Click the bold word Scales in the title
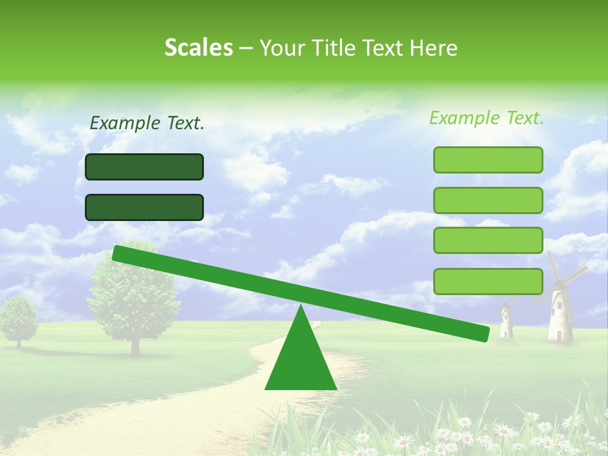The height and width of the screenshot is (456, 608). [x=198, y=47]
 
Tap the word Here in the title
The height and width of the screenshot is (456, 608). [x=434, y=48]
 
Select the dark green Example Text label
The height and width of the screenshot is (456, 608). [x=147, y=123]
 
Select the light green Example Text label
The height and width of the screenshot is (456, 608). [x=486, y=118]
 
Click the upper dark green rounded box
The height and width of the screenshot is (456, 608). [x=144, y=167]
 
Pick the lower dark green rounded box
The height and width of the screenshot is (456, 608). [x=144, y=207]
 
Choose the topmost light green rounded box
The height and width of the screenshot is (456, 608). [x=488, y=160]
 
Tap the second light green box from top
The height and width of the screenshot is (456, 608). [x=488, y=200]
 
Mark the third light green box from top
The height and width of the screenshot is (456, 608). [x=488, y=241]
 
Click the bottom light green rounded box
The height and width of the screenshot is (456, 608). [x=488, y=281]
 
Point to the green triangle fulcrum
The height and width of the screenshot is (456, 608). [x=300, y=361]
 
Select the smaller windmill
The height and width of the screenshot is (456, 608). [x=506, y=320]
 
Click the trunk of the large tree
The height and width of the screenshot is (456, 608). [x=135, y=345]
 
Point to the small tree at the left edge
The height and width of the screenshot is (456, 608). [x=18, y=317]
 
